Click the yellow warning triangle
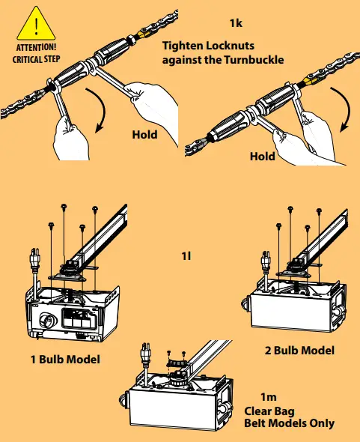(36, 25)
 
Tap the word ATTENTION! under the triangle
(36, 47)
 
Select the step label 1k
(236, 23)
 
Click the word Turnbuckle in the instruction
(254, 60)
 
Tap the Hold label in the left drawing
(144, 135)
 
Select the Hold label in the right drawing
(263, 157)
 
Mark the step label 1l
(186, 256)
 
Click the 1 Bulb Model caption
(65, 360)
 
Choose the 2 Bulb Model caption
(299, 351)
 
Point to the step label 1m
(269, 397)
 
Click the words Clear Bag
(269, 411)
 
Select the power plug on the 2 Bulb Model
(266, 261)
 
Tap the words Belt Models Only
(290, 423)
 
